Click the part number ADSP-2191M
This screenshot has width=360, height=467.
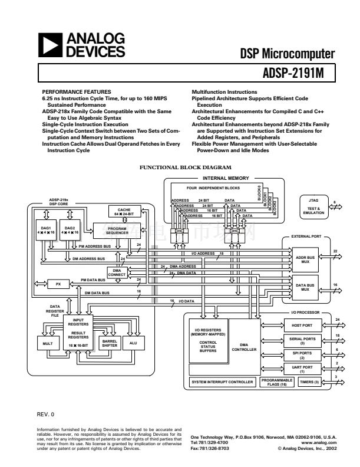pos(293,74)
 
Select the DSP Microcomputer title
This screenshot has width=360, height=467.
pos(287,54)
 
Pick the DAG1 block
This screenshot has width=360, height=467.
pos(46,231)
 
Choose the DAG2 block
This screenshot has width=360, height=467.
pos(70,231)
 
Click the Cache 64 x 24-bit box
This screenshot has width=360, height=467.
pos(124,212)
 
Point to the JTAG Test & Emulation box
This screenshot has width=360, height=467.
pos(313,206)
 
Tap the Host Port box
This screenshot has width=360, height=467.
pos(302,325)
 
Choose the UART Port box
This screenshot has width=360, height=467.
pos(302,369)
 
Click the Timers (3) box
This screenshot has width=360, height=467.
pos(309,382)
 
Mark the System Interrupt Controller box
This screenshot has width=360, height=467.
pos(222,382)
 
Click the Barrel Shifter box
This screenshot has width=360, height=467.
pos(110,344)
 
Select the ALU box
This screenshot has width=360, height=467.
pos(133,344)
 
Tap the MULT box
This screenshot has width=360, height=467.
pos(48,344)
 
